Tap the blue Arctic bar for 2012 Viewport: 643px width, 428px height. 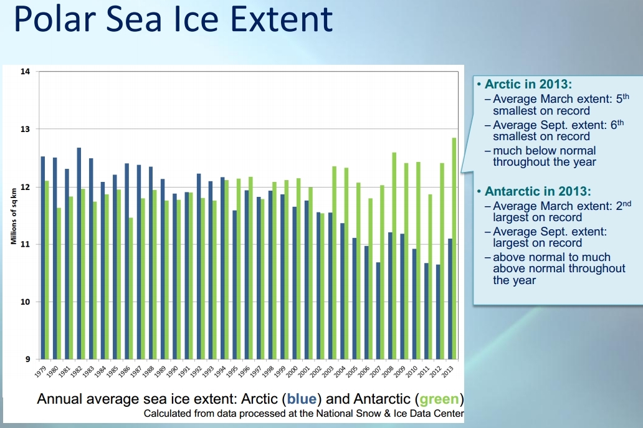[x=439, y=311]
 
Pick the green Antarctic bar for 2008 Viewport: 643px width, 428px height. [x=394, y=255]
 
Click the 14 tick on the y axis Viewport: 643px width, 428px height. [x=26, y=72]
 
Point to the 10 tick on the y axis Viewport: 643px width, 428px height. [x=26, y=302]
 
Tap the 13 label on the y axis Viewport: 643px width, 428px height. [x=26, y=129]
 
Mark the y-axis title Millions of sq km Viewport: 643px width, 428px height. [x=14, y=216]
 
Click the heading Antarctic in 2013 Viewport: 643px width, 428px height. [x=536, y=191]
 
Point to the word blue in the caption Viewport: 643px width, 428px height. [x=301, y=399]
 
